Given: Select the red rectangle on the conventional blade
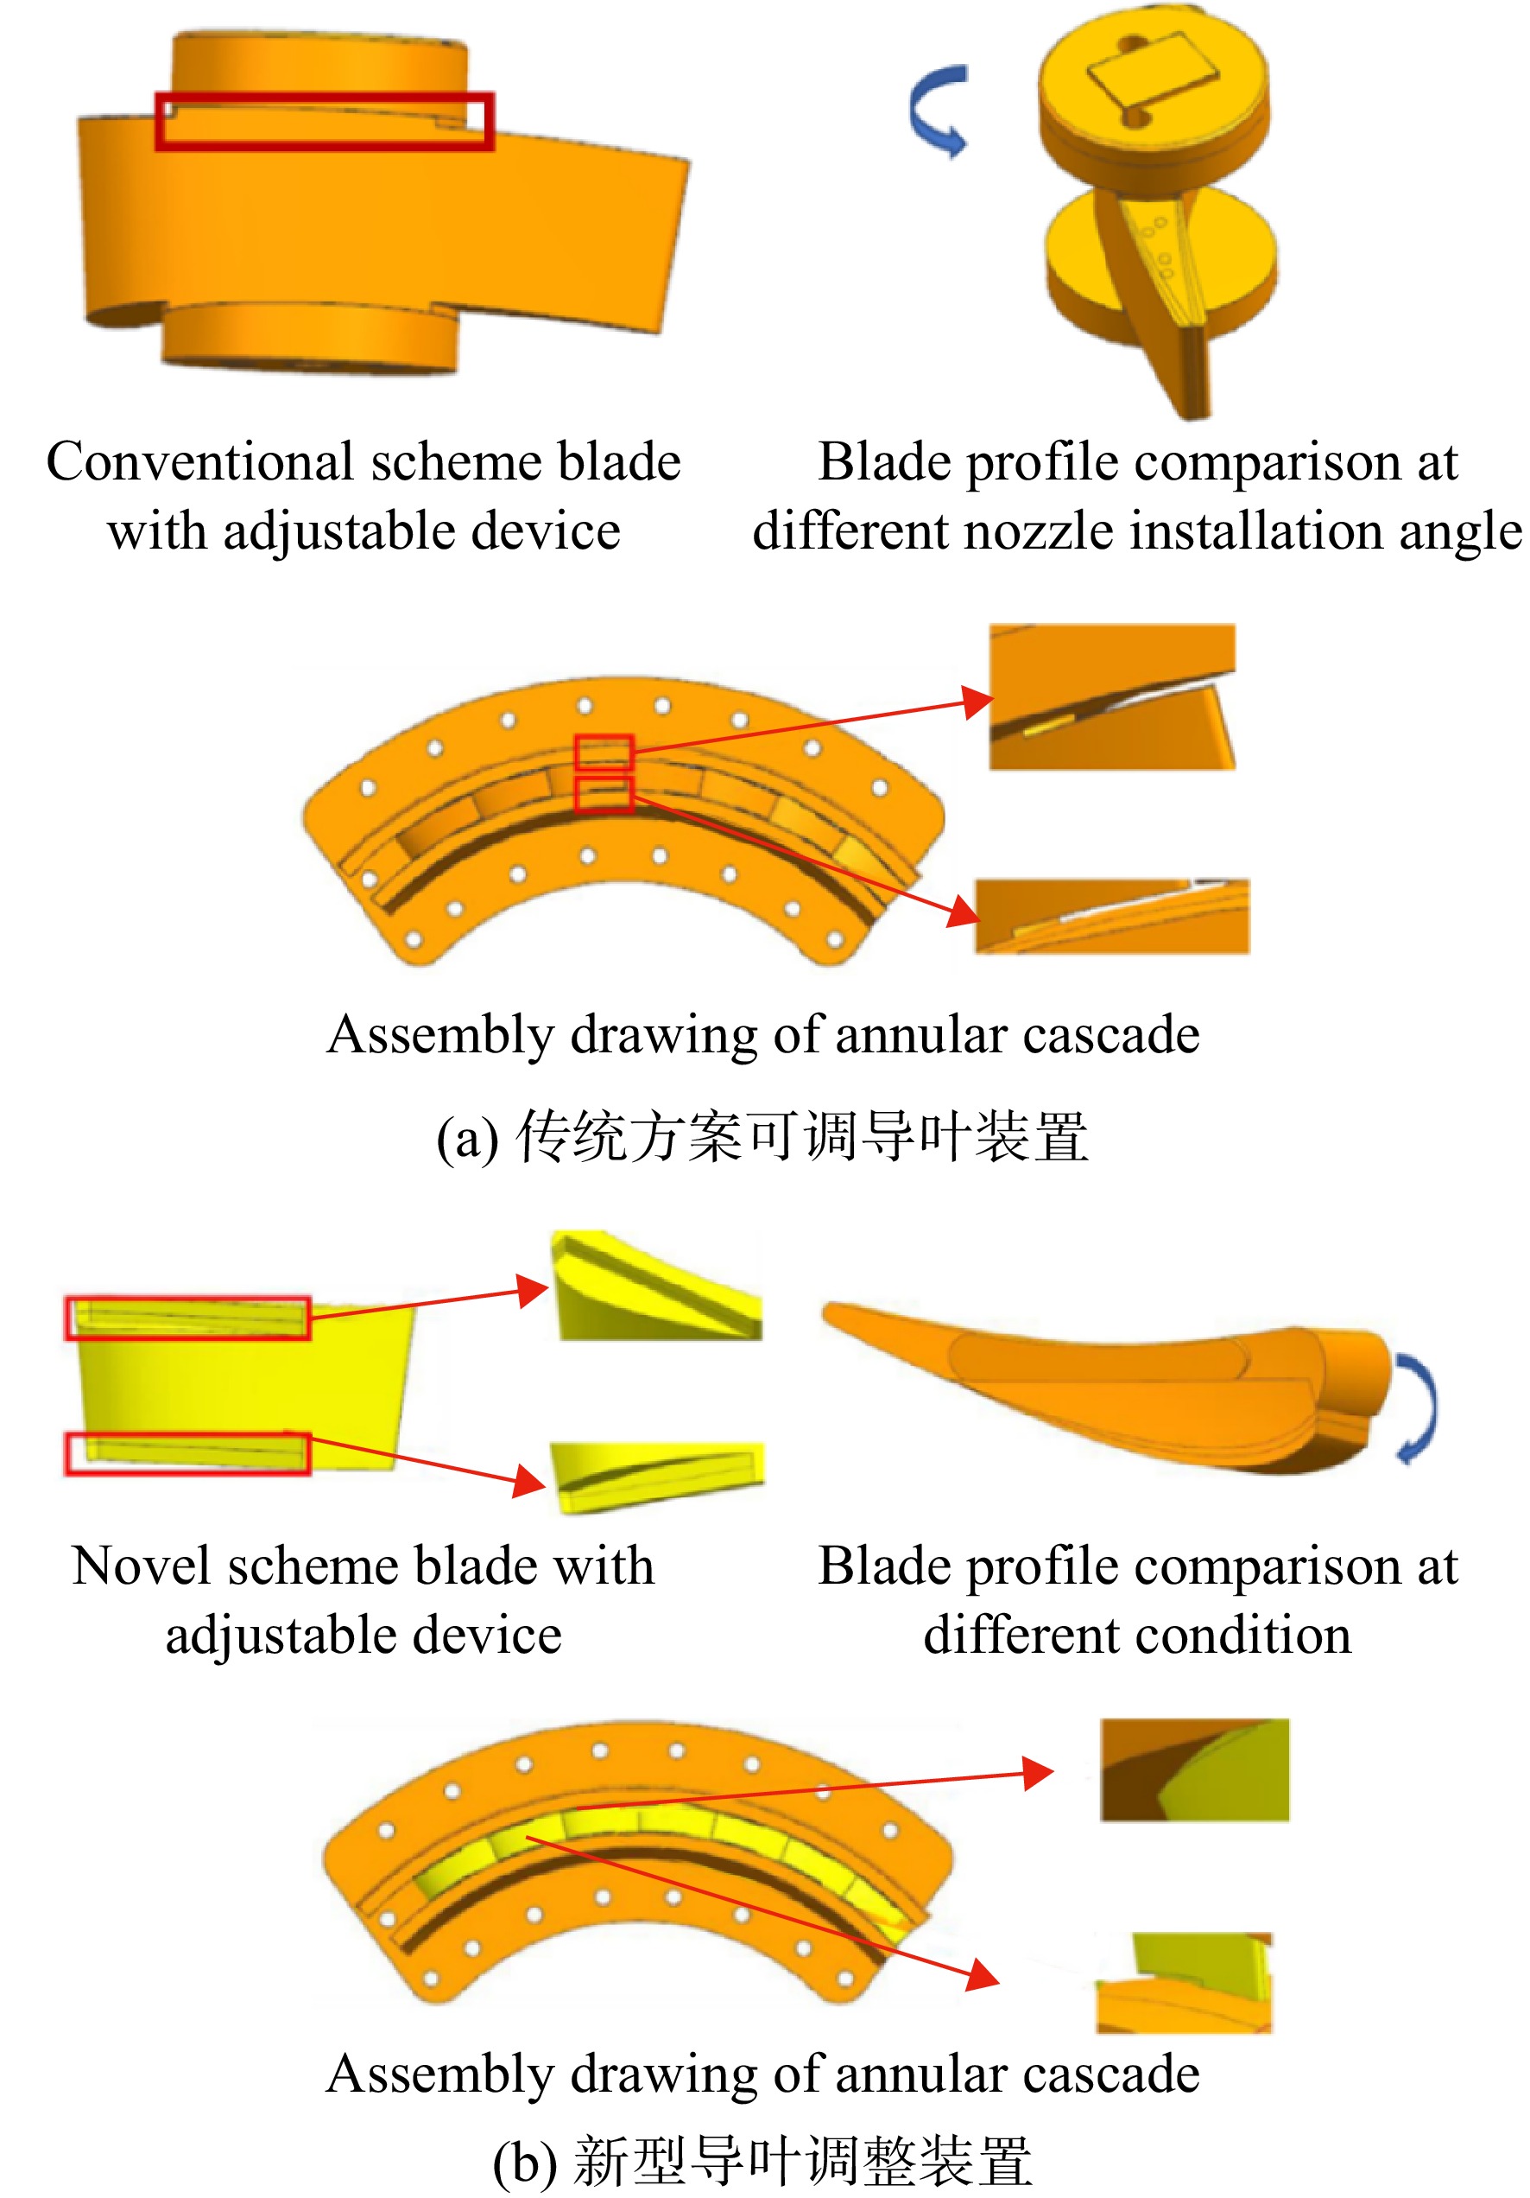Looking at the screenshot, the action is tap(325, 122).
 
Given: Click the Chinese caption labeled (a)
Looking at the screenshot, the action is tap(762, 1136).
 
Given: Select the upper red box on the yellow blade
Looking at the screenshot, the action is tap(187, 1318).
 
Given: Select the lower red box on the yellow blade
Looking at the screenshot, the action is tap(187, 1453).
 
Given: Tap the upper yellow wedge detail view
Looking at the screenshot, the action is tap(656, 1285).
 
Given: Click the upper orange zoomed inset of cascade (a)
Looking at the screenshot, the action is tap(1112, 697).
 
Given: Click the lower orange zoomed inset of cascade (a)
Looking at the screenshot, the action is tap(1112, 916).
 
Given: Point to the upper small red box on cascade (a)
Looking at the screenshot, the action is tap(604, 753).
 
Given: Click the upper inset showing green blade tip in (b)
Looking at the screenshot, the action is tap(1194, 1770).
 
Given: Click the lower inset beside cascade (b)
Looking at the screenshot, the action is tap(1185, 1983).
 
